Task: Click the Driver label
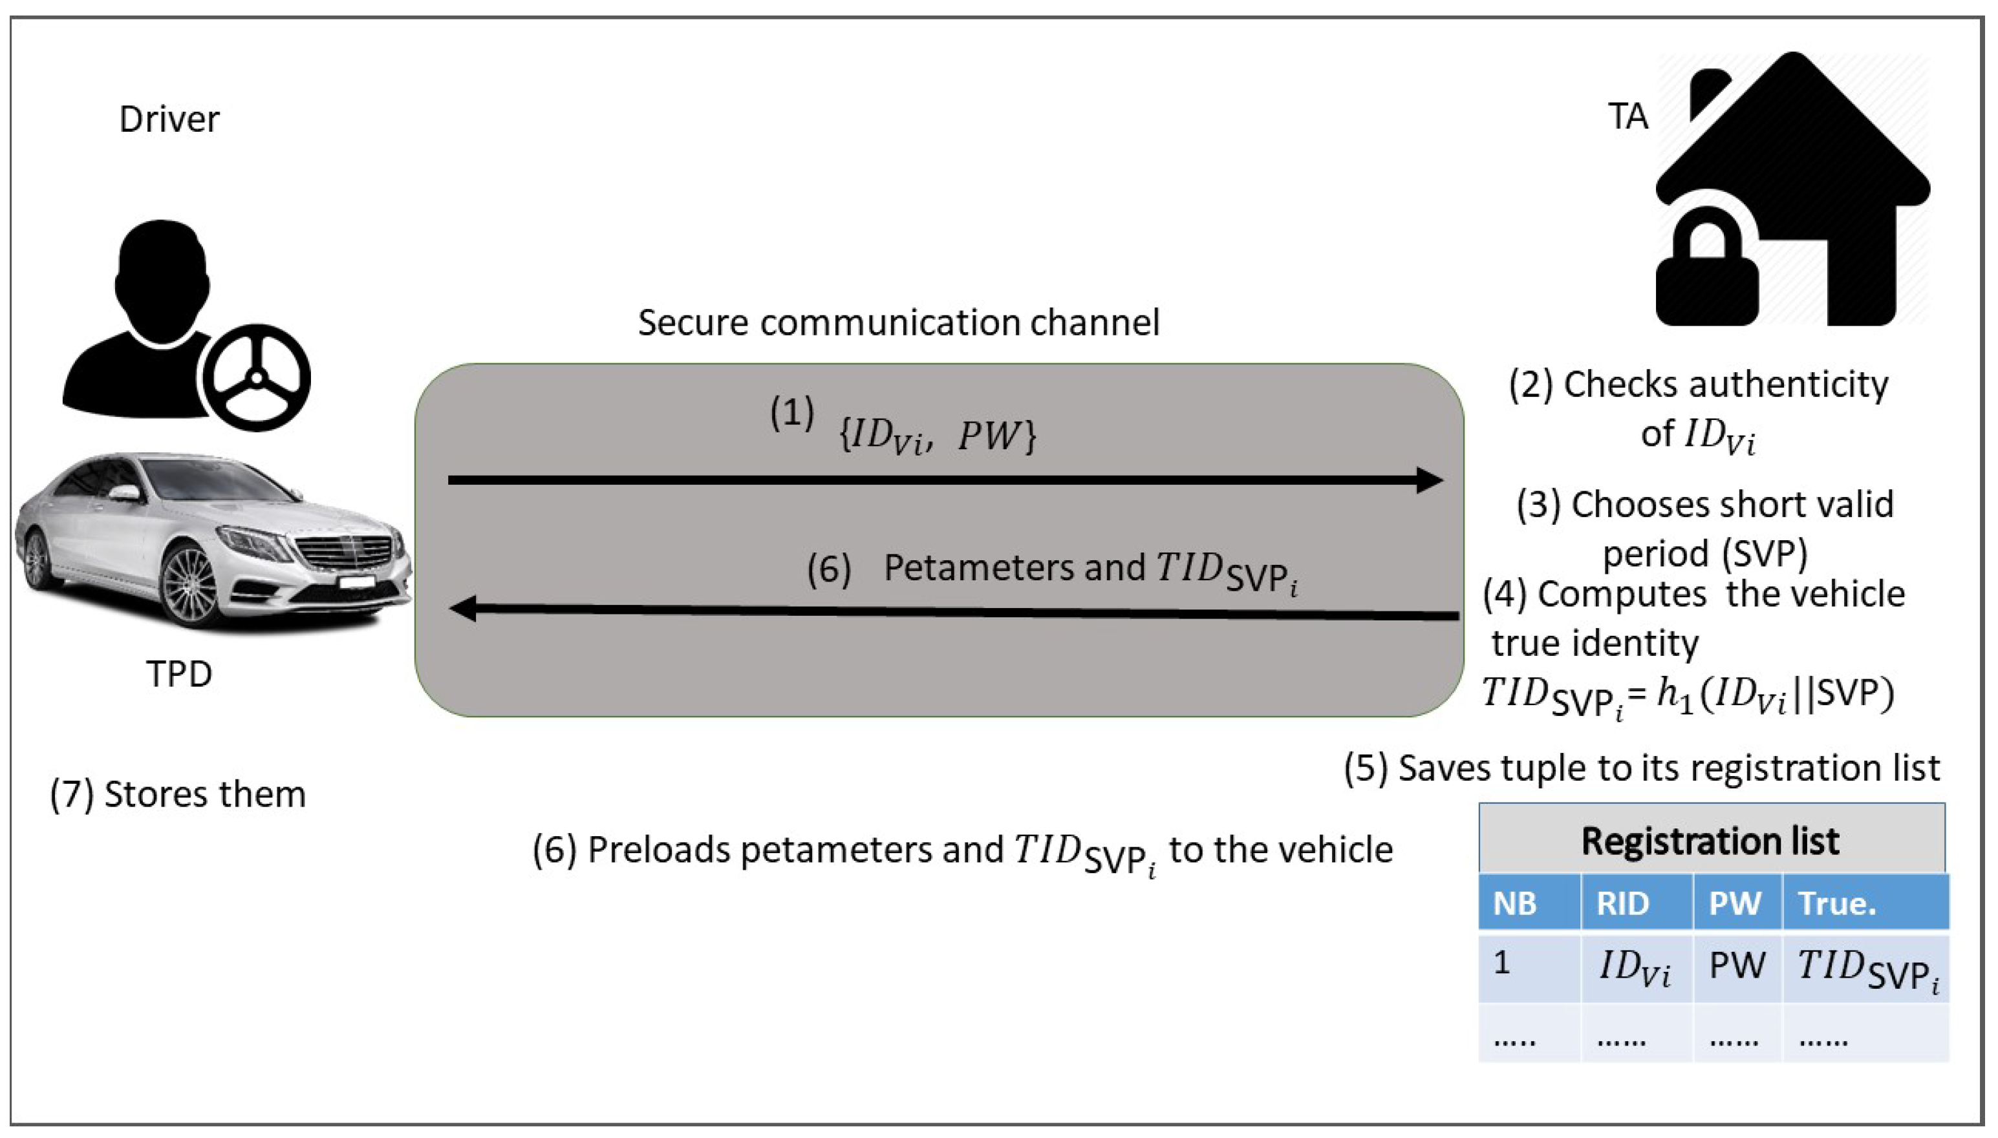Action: coord(169,120)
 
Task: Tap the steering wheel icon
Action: coord(255,378)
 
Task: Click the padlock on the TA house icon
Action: coord(1706,280)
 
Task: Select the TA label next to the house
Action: coord(1628,116)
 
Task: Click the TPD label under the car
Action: coord(179,674)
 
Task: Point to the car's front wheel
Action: coord(188,582)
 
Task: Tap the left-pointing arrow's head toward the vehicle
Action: coord(464,608)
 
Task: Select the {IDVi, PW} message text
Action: coord(937,436)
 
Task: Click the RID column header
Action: coord(1622,903)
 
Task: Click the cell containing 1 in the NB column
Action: coord(1501,963)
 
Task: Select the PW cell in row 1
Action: coord(1737,966)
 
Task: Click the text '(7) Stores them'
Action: coord(178,795)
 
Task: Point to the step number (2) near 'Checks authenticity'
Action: coord(1531,385)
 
